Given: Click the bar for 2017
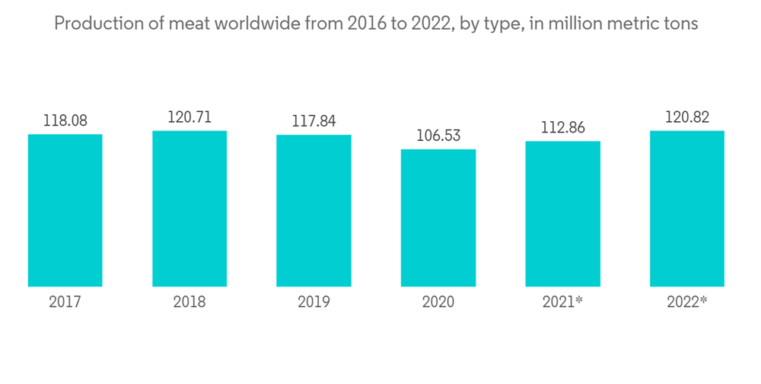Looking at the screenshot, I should pos(65,210).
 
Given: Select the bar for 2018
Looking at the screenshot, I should pos(189,209).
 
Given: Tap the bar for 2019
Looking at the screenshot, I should pos(314,211).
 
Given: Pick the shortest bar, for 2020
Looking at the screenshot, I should pos(438,218).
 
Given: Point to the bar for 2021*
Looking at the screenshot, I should pos(562,214).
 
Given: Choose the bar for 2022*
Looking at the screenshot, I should pos(687,209).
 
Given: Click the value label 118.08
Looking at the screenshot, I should pos(65,120).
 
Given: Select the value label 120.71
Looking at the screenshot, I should pos(189,117).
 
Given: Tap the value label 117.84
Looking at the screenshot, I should pos(314,121).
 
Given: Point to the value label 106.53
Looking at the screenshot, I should pos(438,136).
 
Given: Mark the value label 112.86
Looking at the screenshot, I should pos(562,127).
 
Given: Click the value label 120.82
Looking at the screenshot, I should pos(687,117).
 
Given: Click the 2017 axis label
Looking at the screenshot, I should pos(65,302).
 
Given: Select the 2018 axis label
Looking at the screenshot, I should pos(189,302).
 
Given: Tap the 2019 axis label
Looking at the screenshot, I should pos(314,302).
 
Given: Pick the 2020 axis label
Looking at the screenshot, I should pos(438,302).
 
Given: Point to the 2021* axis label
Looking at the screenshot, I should pos(562,302).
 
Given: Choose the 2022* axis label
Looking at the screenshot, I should pos(687,302).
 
